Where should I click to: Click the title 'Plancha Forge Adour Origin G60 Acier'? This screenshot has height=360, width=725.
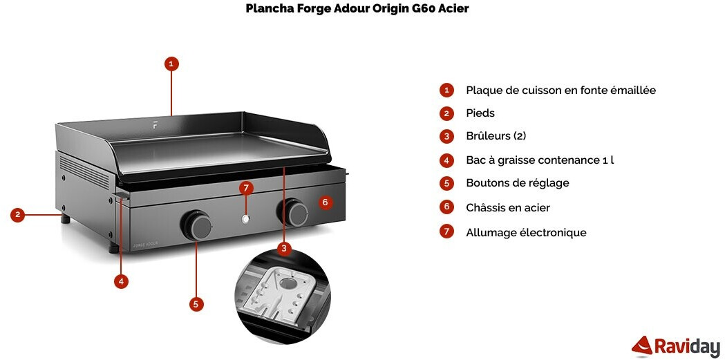point(357,9)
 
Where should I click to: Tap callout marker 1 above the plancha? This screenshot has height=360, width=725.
point(172,64)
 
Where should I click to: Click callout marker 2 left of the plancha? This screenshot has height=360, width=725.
point(19,215)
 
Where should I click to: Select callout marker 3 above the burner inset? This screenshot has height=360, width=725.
point(283,247)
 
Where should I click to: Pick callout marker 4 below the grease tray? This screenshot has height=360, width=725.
point(122,281)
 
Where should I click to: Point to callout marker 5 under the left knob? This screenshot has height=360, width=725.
point(196,303)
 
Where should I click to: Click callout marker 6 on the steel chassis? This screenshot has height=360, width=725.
point(326,202)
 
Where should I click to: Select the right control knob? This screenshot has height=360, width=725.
point(296,213)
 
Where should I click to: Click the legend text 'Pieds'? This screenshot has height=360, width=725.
point(480,113)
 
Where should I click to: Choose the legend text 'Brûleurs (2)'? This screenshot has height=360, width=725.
point(496,136)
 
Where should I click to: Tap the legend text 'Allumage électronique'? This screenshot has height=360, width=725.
point(526,233)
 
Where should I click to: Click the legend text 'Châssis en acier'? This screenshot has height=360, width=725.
point(508,207)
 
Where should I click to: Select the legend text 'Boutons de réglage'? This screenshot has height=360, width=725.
point(518,183)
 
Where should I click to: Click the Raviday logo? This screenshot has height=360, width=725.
point(676,346)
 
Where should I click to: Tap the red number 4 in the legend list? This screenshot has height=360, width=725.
point(447,160)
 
